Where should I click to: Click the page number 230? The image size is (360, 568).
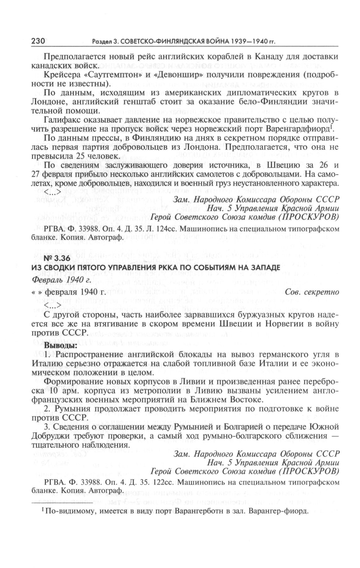tap(39, 41)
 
